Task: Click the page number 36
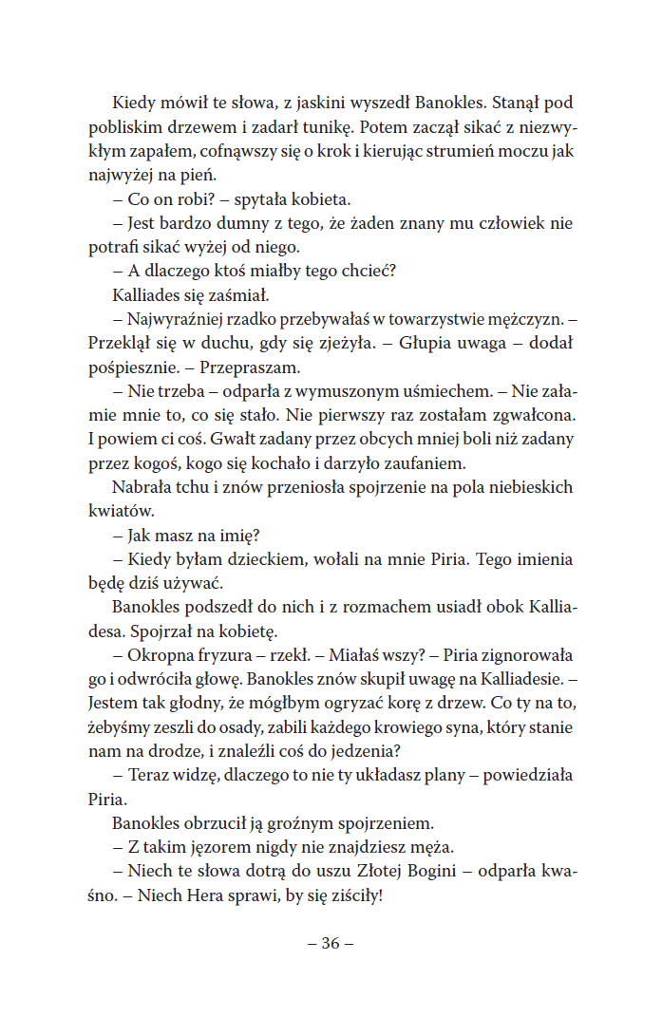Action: click(331, 943)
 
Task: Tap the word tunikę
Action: click(326, 127)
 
